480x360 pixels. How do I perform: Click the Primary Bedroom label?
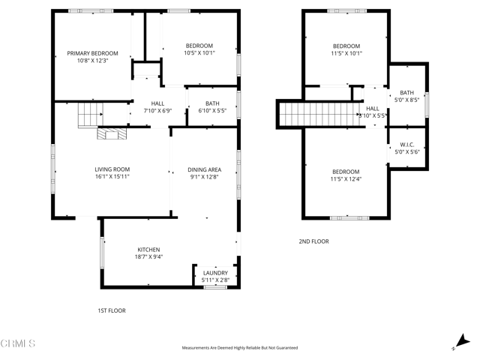93,53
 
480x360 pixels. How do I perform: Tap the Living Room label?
112,169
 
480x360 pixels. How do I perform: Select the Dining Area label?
204,170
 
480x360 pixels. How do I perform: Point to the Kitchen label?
148,250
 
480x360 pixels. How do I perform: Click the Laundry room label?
215,273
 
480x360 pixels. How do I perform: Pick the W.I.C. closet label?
407,145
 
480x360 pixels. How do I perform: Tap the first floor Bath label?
212,103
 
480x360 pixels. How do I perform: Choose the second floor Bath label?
406,92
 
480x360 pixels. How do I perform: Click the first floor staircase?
91,115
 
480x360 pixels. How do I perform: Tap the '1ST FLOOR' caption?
111,310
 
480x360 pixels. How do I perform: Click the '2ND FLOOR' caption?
313,241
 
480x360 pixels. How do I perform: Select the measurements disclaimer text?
240,348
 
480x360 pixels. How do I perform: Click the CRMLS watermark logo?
18,344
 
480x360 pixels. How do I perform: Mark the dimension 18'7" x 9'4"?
148,257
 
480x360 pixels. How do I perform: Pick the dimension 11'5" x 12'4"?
346,179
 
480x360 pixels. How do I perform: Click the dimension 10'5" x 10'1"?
199,53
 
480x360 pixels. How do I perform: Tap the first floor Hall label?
157,103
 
